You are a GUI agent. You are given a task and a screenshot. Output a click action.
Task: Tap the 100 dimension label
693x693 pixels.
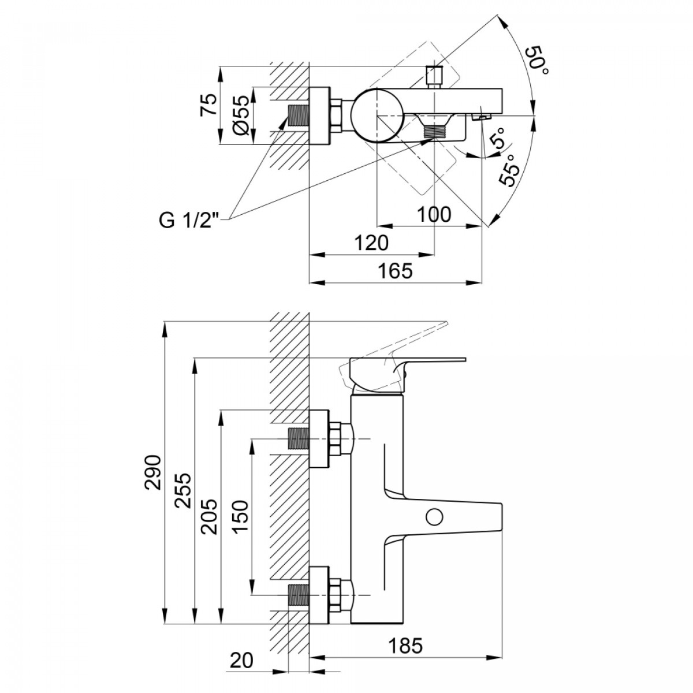(x=434, y=215)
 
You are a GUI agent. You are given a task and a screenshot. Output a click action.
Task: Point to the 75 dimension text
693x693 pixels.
(x=209, y=105)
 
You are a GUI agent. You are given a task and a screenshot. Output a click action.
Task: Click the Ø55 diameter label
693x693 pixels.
(x=240, y=115)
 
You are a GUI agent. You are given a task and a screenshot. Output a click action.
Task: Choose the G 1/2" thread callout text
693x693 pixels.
(x=189, y=220)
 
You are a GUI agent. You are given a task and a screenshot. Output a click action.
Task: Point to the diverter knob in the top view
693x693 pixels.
(x=434, y=77)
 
